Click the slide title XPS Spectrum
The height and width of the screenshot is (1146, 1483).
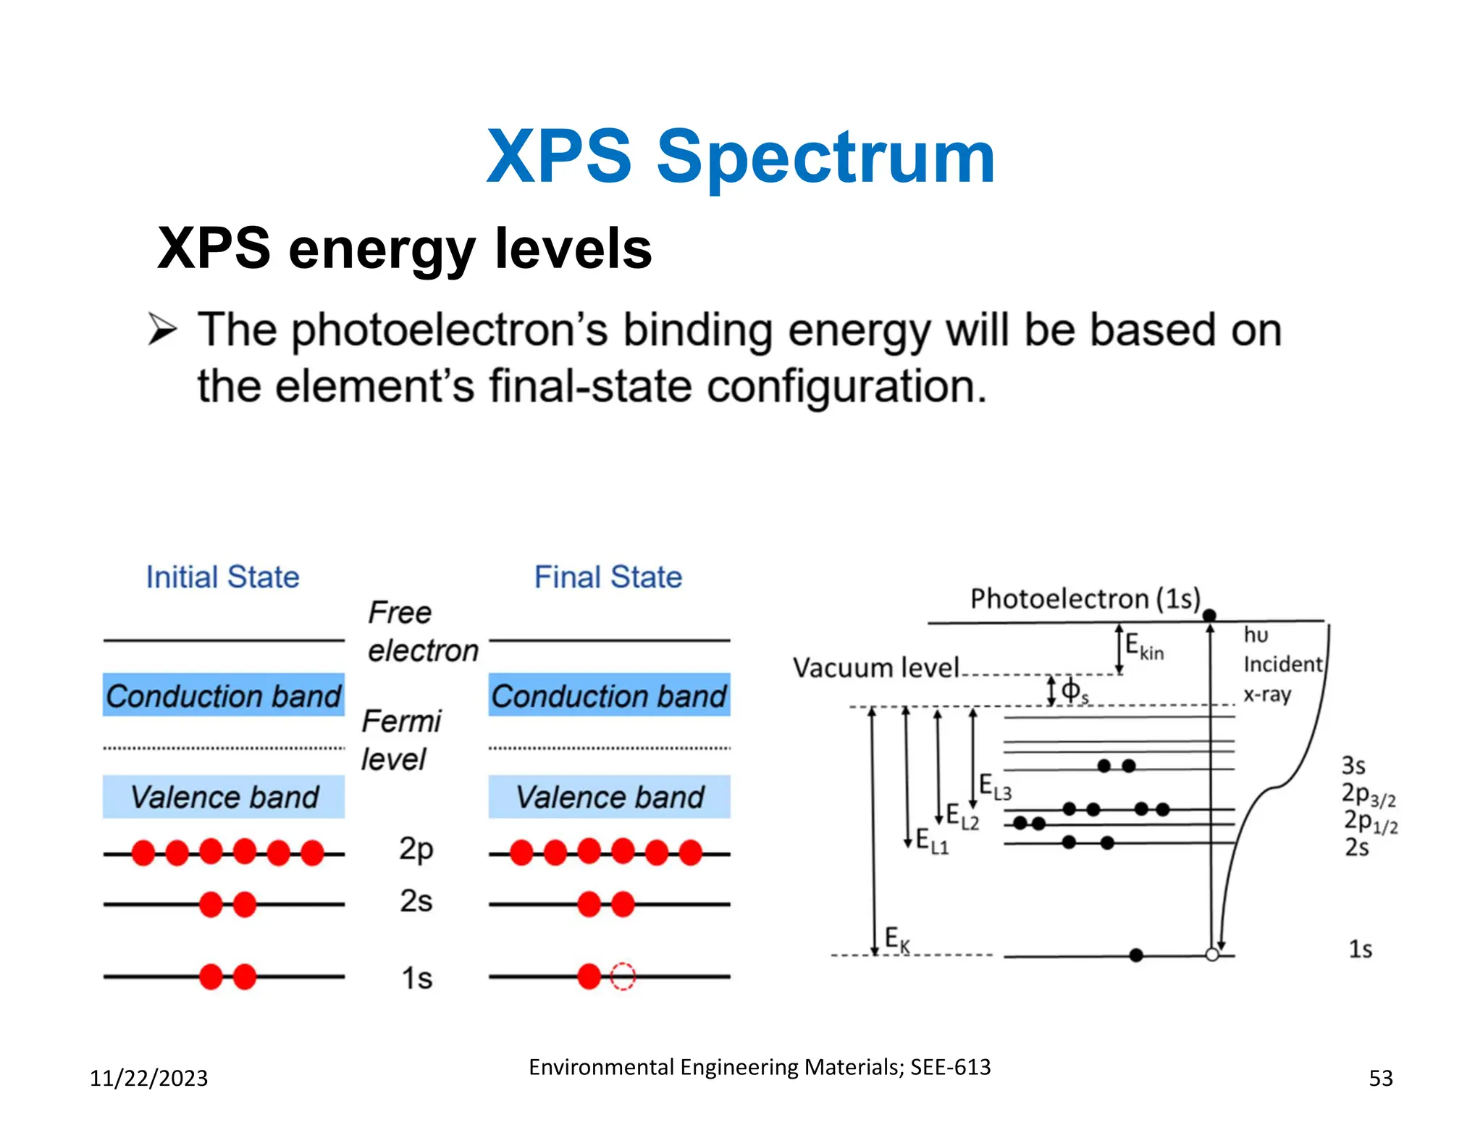pyautogui.click(x=741, y=157)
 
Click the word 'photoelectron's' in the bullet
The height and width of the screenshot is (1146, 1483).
pyautogui.click(x=450, y=331)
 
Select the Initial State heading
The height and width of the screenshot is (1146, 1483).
pyautogui.click(x=222, y=577)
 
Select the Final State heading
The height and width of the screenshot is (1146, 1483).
pyautogui.click(x=608, y=577)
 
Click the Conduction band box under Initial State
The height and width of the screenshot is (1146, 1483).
pyautogui.click(x=223, y=695)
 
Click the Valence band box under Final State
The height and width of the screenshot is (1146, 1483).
pyautogui.click(x=609, y=797)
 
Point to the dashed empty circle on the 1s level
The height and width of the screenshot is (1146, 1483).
pyautogui.click(x=623, y=976)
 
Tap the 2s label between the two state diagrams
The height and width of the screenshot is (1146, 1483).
pyautogui.click(x=416, y=901)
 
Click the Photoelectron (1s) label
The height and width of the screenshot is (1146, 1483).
pyautogui.click(x=1084, y=599)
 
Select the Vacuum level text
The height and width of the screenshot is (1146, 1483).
pyautogui.click(x=875, y=667)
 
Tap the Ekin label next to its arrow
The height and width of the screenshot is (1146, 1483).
pyautogui.click(x=1144, y=646)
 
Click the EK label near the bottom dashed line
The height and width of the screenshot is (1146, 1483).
pyautogui.click(x=897, y=940)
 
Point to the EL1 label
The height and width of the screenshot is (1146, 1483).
pyautogui.click(x=931, y=841)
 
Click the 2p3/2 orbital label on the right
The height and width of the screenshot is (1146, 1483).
pyautogui.click(x=1368, y=795)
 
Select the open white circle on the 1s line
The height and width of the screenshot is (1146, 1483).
pyautogui.click(x=1212, y=955)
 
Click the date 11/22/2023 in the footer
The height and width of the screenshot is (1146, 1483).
pyautogui.click(x=148, y=1078)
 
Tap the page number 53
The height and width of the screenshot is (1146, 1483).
pyautogui.click(x=1380, y=1078)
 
